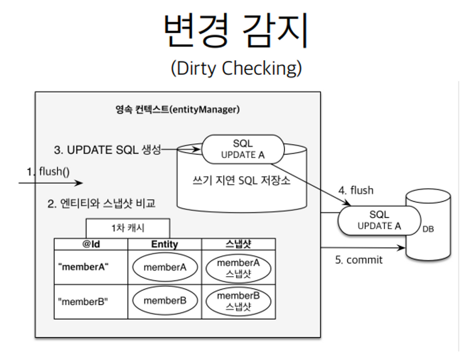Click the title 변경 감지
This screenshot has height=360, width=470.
(235, 31)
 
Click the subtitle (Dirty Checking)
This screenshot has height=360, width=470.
(236, 68)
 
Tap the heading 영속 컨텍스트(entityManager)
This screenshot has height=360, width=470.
(177, 110)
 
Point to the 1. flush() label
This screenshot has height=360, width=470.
(48, 171)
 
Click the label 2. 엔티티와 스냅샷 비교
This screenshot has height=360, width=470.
(101, 204)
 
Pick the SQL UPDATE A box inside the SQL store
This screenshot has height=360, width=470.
(242, 149)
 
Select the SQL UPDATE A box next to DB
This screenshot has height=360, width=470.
(379, 220)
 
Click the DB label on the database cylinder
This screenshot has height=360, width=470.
(428, 229)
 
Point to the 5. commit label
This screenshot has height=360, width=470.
(359, 260)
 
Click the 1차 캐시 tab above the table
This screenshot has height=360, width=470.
(128, 228)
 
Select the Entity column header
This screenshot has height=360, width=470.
(164, 244)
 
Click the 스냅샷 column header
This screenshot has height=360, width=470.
(238, 244)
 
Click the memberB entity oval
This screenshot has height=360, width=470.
(164, 300)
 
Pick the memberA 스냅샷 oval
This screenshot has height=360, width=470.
(238, 268)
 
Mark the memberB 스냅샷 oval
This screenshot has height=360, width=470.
(238, 300)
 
